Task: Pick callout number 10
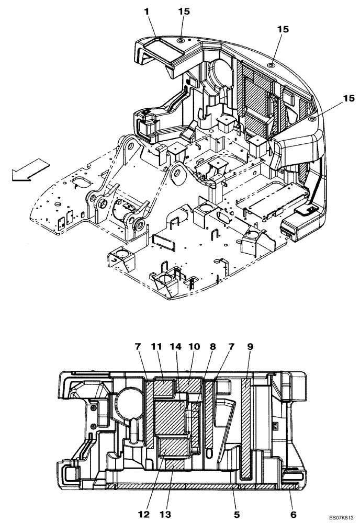click(195, 347)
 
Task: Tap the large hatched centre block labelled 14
click(173, 416)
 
